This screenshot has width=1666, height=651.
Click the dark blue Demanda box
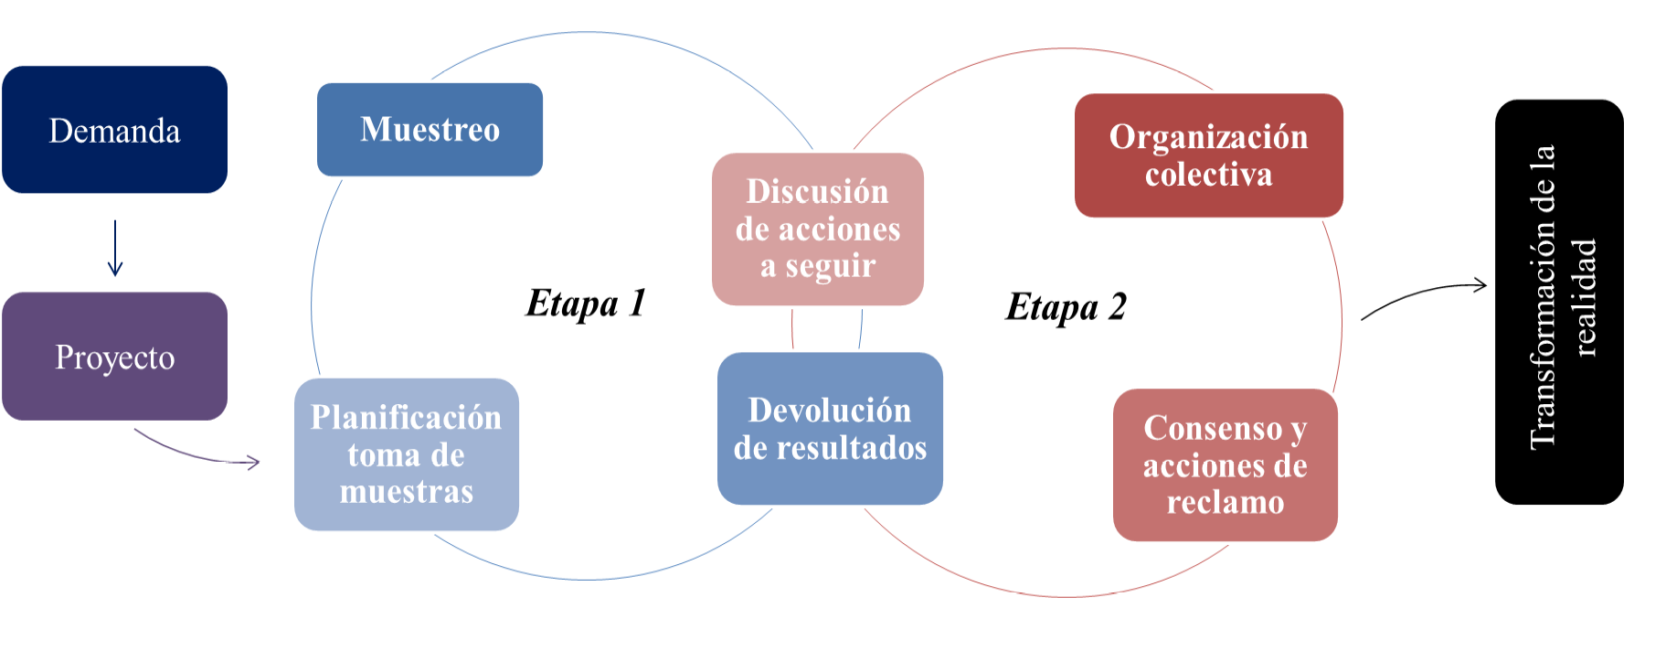114,130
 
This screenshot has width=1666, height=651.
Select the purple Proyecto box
114,357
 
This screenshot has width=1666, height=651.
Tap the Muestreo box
430,129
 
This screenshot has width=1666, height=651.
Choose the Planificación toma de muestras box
406,454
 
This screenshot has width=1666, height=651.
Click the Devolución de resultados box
830,428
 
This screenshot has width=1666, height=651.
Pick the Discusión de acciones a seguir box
817,229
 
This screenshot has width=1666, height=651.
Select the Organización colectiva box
1208,155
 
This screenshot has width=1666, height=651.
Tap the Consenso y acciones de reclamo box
1225,464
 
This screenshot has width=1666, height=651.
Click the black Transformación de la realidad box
1559,302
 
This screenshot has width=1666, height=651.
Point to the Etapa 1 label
586,303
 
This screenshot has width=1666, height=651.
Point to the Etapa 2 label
1066,307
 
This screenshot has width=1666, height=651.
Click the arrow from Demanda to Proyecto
115,248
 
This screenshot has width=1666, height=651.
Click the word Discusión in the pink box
817,192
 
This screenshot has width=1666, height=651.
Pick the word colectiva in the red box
1208,174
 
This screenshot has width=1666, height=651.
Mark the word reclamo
1225,503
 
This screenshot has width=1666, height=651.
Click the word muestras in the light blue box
406,492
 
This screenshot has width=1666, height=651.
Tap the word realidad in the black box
1584,297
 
